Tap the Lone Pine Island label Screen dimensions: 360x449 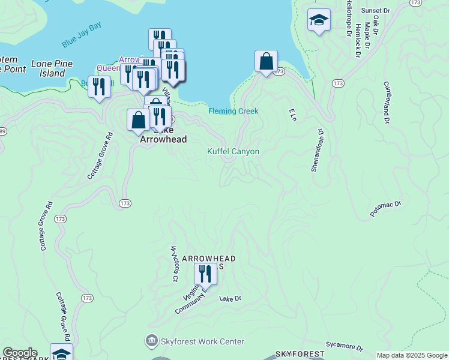48,68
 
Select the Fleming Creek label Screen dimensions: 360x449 233,111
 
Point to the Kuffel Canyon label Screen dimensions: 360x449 233,151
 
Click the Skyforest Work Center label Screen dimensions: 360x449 203,341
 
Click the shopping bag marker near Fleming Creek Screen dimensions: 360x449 266,62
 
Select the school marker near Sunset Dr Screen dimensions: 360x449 319,20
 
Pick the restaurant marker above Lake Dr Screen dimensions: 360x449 205,274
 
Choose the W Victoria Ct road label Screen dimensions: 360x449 175,263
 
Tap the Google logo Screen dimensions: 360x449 20,353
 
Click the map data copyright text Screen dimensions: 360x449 412,355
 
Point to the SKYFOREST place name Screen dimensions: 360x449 300,355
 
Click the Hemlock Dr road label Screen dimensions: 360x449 357,43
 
